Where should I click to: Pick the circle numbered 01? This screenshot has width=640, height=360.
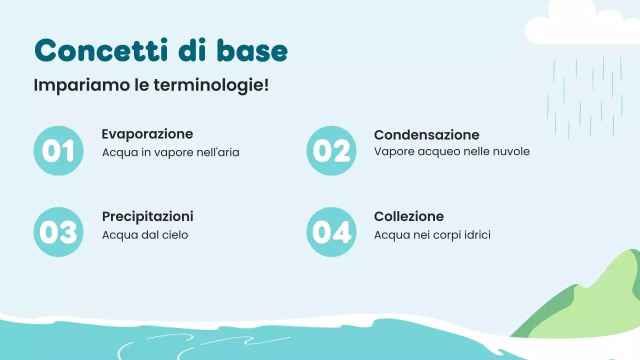[x=58, y=151]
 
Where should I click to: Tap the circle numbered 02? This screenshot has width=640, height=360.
[x=331, y=151]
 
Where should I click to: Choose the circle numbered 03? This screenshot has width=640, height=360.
[x=58, y=232]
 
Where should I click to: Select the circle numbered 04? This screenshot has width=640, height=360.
[x=331, y=232]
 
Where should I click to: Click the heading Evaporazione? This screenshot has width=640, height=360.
[x=147, y=134]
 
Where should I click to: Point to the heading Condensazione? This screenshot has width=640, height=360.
[x=426, y=135]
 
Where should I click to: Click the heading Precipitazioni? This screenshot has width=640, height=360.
[x=147, y=216]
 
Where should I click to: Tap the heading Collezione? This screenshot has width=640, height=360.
[x=408, y=216]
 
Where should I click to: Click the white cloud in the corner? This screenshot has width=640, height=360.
[x=580, y=25]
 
